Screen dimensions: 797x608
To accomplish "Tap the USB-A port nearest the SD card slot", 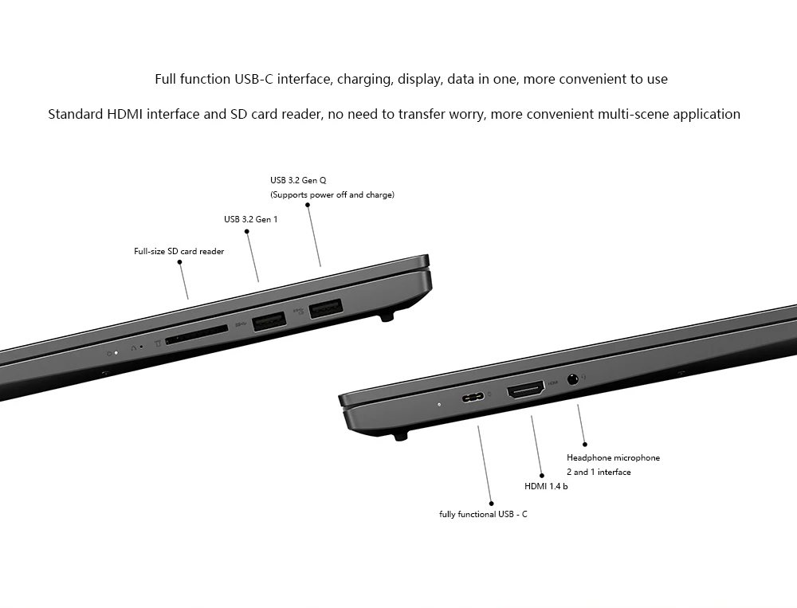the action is [x=269, y=322].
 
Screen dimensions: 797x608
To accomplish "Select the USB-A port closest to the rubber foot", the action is [x=325, y=307].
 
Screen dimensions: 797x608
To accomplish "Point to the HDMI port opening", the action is [x=525, y=389].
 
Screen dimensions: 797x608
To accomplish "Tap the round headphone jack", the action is [x=571, y=379].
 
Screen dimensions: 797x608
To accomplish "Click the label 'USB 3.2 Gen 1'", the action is [x=250, y=219].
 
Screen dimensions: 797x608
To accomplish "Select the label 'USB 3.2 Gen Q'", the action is [x=298, y=180].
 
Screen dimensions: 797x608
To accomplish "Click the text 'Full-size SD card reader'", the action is [x=179, y=252].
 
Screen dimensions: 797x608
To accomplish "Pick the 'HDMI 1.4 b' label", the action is [x=546, y=486].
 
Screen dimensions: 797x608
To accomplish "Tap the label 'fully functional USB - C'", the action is [x=483, y=514].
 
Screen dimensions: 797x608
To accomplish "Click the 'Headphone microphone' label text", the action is [x=613, y=457].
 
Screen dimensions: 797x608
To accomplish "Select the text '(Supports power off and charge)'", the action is [x=332, y=194].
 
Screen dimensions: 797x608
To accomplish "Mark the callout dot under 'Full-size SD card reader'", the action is [x=180, y=261].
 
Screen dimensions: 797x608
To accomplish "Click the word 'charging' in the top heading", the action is [x=363, y=79].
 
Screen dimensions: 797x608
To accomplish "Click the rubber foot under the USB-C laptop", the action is [x=401, y=434].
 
